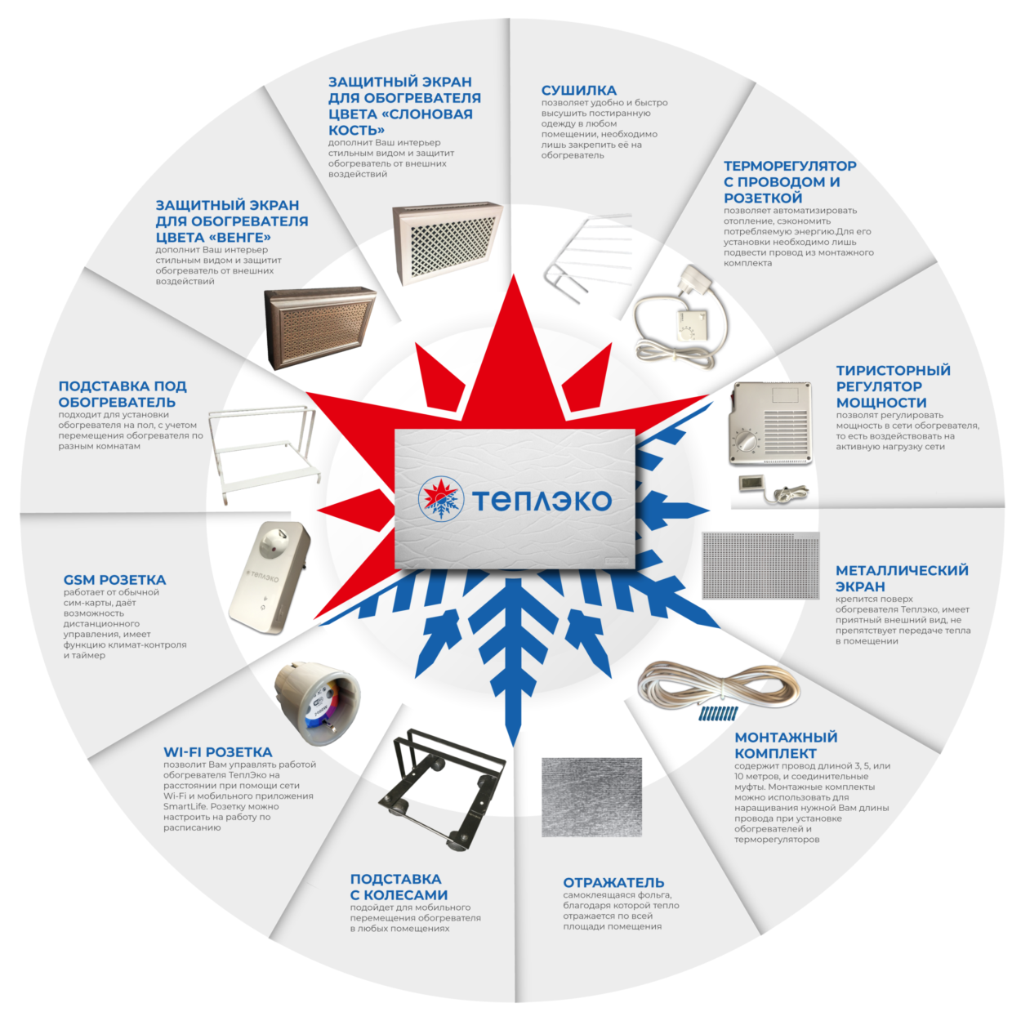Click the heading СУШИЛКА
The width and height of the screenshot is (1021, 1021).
(578, 90)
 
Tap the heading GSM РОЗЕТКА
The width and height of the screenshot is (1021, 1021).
(114, 580)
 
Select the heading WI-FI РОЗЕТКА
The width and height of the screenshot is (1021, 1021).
(218, 751)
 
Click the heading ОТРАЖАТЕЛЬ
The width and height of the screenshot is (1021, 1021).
(613, 883)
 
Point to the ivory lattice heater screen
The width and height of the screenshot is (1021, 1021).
(448, 242)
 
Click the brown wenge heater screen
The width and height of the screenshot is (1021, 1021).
(320, 328)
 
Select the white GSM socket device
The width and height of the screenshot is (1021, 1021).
(270, 577)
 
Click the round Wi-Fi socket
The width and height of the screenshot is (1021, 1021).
(318, 705)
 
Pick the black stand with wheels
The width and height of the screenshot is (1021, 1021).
(442, 789)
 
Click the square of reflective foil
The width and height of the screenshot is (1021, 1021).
(591, 797)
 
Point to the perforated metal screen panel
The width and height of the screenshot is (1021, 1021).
(760, 565)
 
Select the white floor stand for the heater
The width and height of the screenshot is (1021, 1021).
(264, 453)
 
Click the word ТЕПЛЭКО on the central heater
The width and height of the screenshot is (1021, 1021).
(542, 500)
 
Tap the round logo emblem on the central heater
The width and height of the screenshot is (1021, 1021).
(441, 499)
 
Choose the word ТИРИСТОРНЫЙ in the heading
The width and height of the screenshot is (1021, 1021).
(894, 370)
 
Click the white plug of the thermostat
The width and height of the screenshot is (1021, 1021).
(698, 279)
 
